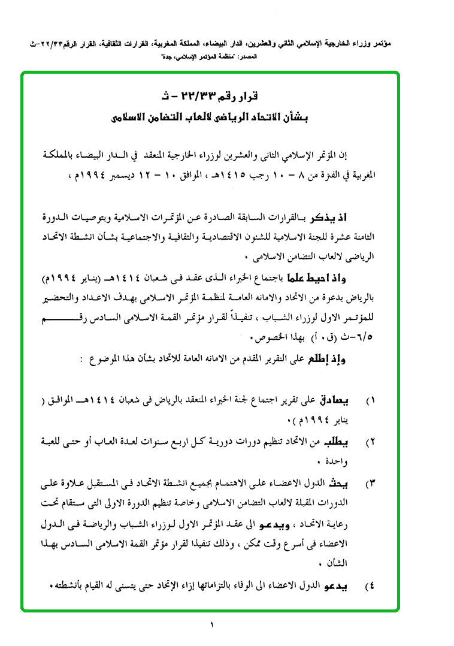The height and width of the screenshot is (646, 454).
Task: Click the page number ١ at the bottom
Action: [x=211, y=625]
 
